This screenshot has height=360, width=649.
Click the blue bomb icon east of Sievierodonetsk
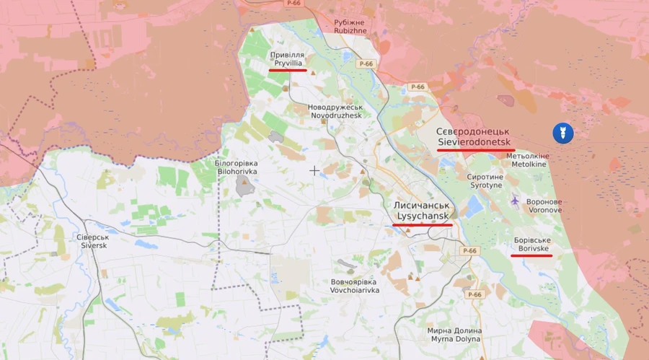(x=562, y=133)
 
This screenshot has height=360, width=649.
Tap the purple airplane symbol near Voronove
(x=515, y=200)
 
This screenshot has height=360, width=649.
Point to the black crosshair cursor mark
(x=314, y=170)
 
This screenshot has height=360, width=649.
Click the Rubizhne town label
(x=350, y=27)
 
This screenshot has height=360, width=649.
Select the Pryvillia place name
(x=287, y=59)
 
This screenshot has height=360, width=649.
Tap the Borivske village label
(x=532, y=244)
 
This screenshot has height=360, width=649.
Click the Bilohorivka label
(x=237, y=168)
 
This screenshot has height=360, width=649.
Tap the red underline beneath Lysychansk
(x=422, y=225)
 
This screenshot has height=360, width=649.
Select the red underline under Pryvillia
(x=287, y=71)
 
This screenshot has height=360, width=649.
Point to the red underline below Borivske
(x=531, y=255)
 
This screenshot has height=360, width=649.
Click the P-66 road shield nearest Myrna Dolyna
(x=474, y=294)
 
